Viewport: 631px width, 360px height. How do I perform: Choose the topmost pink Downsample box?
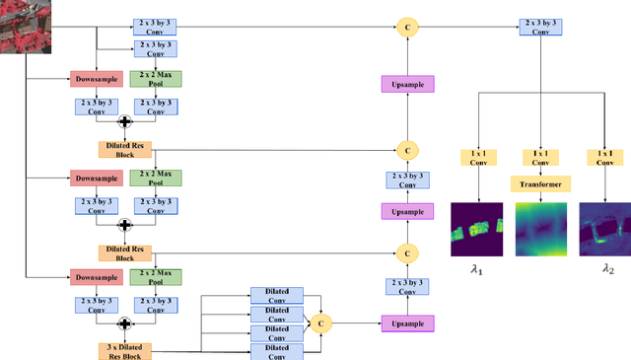point(96,78)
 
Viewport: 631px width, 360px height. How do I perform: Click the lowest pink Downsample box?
point(96,277)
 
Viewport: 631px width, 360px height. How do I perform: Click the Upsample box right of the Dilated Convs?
point(407,322)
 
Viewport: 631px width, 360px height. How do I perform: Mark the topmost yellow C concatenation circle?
point(407,28)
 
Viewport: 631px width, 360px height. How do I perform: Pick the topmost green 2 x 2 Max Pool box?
point(155,78)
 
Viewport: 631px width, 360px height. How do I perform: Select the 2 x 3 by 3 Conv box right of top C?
point(547,28)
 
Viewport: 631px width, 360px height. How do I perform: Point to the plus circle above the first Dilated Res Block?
point(125,121)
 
